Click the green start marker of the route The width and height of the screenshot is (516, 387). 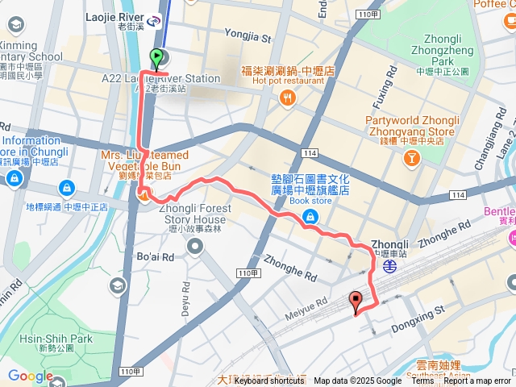pyautogui.click(x=156, y=57)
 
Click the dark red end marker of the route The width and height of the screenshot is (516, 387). pyautogui.click(x=355, y=302)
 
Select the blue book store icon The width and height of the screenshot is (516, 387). pyautogui.click(x=310, y=216)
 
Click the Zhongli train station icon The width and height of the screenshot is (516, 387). pyautogui.click(x=389, y=264)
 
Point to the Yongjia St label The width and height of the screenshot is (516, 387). pyautogui.click(x=248, y=36)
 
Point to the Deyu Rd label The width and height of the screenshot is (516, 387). pyautogui.click(x=185, y=298)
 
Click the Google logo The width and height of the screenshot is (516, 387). pyautogui.click(x=31, y=376)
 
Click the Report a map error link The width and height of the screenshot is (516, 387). pyautogui.click(x=477, y=381)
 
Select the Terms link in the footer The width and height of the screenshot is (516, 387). pyautogui.click(x=422, y=381)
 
